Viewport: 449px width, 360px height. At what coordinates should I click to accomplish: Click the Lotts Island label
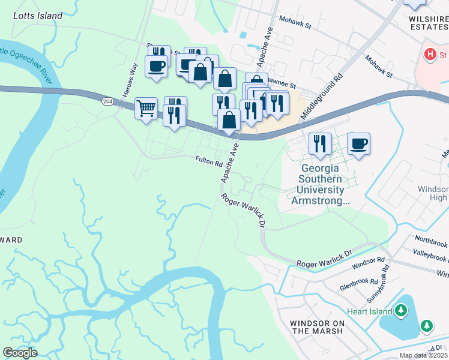point(37,16)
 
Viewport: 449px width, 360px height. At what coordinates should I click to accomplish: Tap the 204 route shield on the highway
point(107,102)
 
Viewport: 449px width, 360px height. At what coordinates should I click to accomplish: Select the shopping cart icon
point(146,109)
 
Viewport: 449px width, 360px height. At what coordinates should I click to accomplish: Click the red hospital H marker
point(430,55)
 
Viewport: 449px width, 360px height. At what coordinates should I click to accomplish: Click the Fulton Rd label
point(209,161)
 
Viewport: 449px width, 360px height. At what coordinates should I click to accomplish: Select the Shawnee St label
point(283,86)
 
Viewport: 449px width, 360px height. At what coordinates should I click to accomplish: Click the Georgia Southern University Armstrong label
point(320,185)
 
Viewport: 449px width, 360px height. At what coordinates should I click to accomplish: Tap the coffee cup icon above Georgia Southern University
point(358,144)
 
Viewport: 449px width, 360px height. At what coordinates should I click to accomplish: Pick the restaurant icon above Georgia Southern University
point(320,144)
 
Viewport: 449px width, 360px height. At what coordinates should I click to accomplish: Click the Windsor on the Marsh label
point(317,327)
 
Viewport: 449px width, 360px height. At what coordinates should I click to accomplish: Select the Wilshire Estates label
point(428,23)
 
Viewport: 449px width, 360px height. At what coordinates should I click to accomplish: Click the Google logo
point(20,352)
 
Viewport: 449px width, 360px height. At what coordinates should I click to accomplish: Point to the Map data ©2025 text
point(423,355)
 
